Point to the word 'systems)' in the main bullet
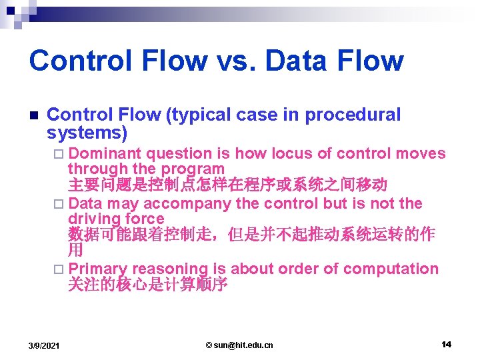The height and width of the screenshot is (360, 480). point(87,133)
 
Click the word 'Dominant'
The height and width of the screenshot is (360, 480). point(105,153)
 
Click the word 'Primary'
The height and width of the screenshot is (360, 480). point(97,269)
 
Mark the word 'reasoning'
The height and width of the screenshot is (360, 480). point(170,269)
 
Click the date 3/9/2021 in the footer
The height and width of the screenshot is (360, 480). point(43,345)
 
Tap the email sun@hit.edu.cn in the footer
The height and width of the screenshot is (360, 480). point(239,345)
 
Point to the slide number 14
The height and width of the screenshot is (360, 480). point(446,344)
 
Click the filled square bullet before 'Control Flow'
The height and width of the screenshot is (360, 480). point(33,115)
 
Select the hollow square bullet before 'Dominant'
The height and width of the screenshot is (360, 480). point(58,154)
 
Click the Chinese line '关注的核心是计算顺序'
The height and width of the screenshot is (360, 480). point(147,285)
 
